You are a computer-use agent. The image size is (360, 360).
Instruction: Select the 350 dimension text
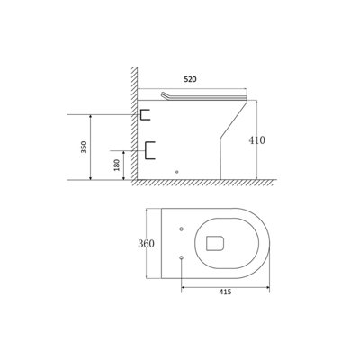coord(83,148)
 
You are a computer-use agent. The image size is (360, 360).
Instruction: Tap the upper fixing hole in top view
coord(183,227)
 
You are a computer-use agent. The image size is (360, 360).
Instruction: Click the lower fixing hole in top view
coord(183,257)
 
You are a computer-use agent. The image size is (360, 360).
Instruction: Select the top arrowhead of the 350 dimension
coord(92,116)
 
